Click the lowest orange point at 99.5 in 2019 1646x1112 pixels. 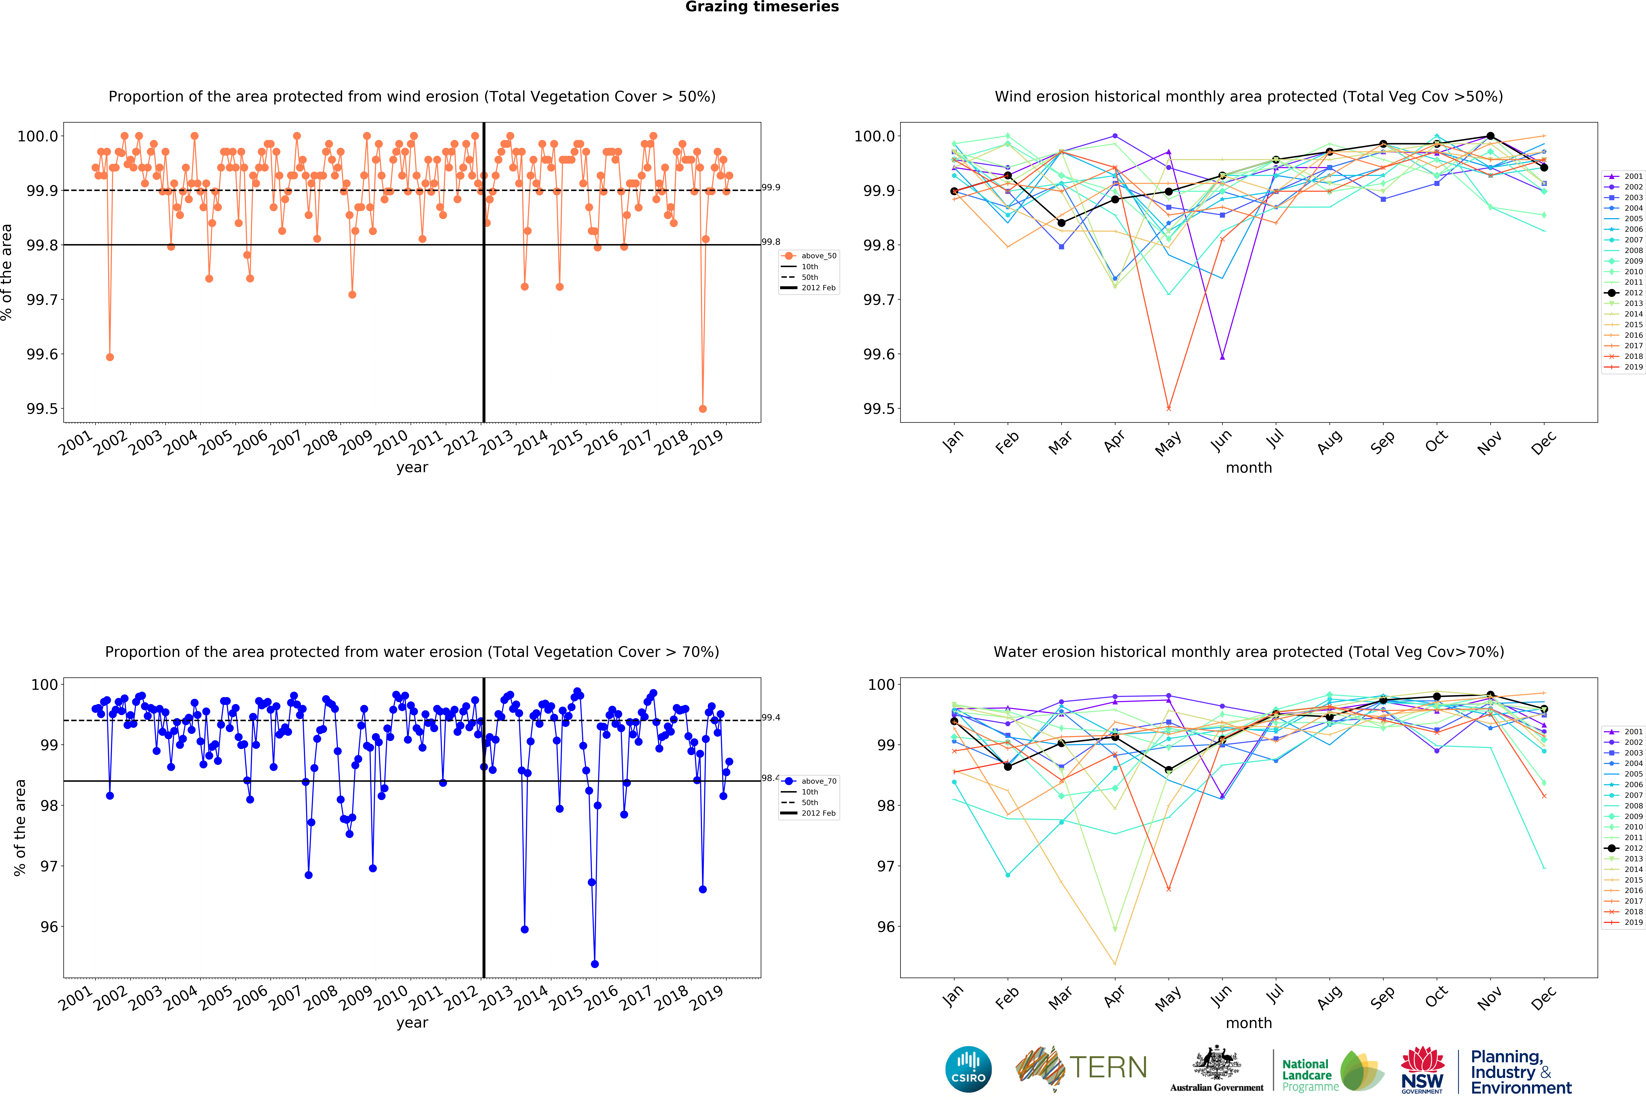[x=703, y=409]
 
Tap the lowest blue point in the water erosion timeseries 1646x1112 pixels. [x=594, y=964]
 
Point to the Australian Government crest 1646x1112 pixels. [x=1216, y=1062]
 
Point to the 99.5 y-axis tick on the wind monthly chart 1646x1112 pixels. [x=876, y=409]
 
